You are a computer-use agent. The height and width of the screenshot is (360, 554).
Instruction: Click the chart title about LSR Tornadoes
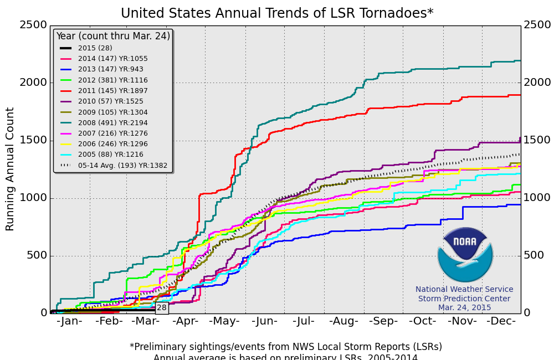click(277, 13)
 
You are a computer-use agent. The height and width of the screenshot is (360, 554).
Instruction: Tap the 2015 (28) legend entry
click(95, 48)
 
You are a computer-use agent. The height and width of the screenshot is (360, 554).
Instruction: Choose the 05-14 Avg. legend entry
click(114, 165)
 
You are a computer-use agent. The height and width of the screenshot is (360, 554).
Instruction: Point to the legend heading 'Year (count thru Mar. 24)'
click(113, 36)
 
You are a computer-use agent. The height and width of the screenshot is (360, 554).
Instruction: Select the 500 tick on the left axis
click(36, 256)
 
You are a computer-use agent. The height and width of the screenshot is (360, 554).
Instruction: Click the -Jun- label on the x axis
click(265, 321)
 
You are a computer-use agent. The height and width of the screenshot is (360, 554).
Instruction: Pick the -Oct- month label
click(422, 321)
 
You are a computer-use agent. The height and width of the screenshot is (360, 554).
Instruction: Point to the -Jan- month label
click(69, 321)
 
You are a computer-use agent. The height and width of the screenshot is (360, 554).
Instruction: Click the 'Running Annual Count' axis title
click(11, 169)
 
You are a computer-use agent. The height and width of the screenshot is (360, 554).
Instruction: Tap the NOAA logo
click(465, 255)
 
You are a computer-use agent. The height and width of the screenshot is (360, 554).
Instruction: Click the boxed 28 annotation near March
click(162, 308)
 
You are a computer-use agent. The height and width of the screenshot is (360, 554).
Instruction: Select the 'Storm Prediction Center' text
click(464, 299)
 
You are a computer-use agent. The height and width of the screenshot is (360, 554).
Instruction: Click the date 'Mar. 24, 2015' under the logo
click(464, 307)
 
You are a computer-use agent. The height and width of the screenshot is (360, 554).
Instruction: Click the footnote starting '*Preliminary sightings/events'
click(285, 347)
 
